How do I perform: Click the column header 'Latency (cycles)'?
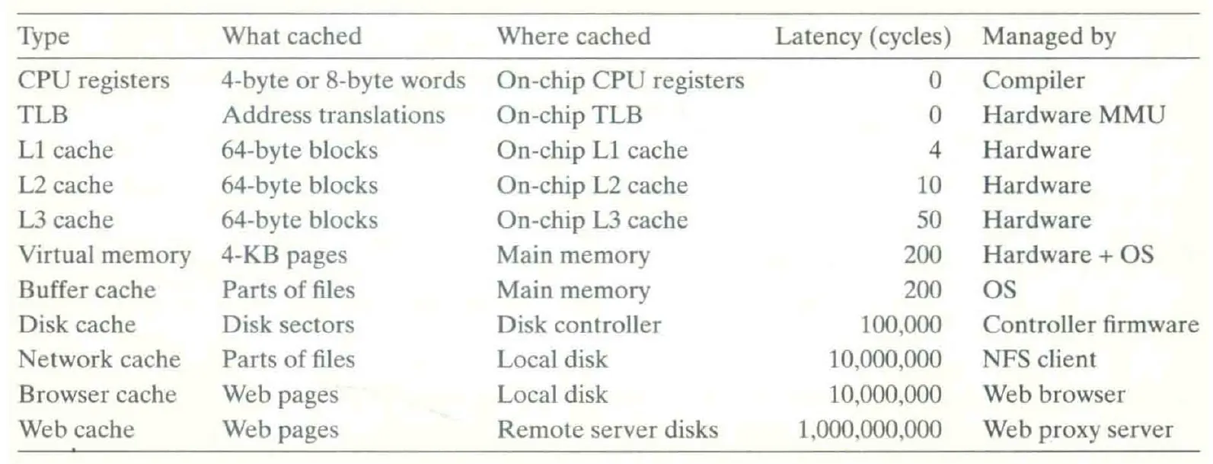[863, 37]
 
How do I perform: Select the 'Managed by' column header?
[1049, 37]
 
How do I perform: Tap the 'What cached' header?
[292, 37]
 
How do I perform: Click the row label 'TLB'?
[43, 115]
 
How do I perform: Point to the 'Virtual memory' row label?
[104, 255]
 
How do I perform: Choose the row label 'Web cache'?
[76, 430]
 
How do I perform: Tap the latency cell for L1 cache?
[934, 150]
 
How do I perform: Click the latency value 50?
[929, 220]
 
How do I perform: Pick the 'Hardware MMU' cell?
[1074, 115]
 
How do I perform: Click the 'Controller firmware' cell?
[1090, 325]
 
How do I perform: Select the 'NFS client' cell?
[1039, 360]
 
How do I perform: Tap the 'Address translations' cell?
[334, 115]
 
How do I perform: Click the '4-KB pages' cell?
[284, 255]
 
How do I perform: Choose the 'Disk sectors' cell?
[288, 325]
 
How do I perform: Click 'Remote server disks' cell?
[608, 430]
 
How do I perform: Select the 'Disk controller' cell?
[579, 325]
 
